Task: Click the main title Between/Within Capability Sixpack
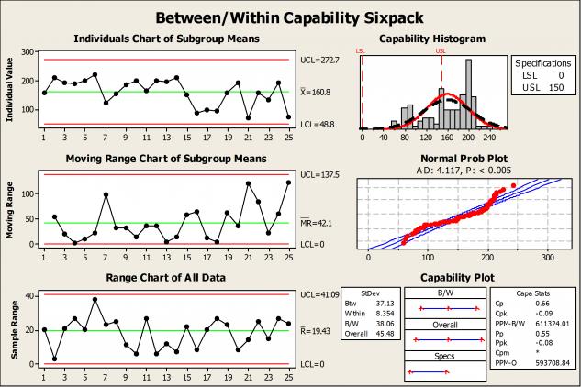(x=290, y=17)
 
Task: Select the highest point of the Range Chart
(x=95, y=299)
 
